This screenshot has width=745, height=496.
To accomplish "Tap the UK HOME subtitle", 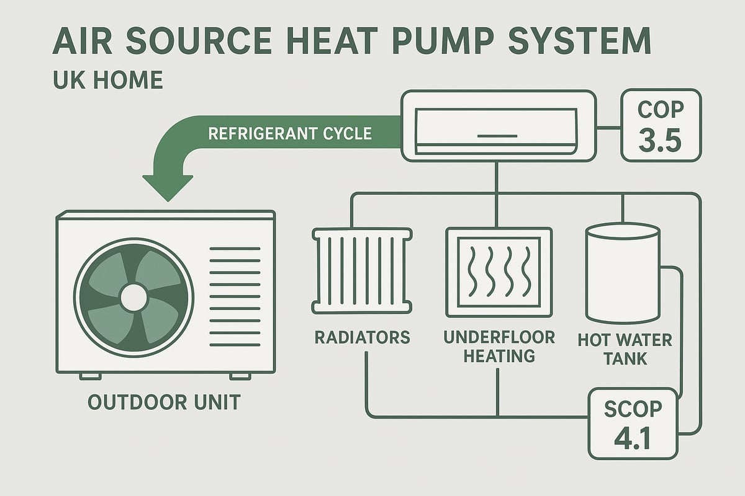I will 107,81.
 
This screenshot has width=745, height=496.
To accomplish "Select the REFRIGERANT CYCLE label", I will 290,133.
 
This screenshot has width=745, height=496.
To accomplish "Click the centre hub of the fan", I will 133,296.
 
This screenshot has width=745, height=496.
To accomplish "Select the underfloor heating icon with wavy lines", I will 499,270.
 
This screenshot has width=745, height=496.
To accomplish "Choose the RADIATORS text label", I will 363,338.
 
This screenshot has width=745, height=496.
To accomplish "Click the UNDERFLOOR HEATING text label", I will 499,347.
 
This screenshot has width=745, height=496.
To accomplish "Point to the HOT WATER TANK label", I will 624,349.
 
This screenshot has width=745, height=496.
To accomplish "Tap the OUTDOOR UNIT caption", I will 164,402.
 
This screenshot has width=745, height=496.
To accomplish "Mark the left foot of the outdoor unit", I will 89,376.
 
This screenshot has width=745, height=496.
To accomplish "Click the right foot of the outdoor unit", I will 240,376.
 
